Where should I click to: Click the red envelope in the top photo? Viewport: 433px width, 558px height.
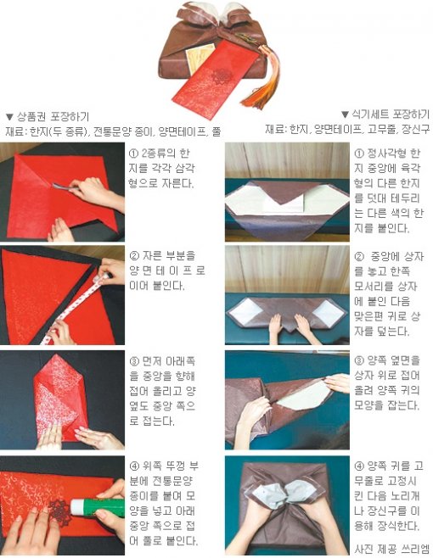[x=215, y=79]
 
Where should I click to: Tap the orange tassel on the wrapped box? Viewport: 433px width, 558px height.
[x=262, y=82]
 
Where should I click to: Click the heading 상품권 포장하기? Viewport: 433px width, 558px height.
[x=53, y=116]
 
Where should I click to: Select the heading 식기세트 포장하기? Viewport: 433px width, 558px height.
[x=391, y=114]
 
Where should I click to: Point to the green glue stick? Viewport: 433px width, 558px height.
[x=97, y=508]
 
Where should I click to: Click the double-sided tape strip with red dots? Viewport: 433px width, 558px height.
[x=76, y=309]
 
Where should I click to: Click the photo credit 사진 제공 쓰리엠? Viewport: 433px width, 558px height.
[x=391, y=548]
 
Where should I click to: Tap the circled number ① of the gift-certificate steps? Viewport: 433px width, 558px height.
[x=133, y=153]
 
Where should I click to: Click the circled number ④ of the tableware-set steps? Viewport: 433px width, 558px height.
[x=359, y=466]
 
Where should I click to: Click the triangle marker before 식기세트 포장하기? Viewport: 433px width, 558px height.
[x=345, y=114]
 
